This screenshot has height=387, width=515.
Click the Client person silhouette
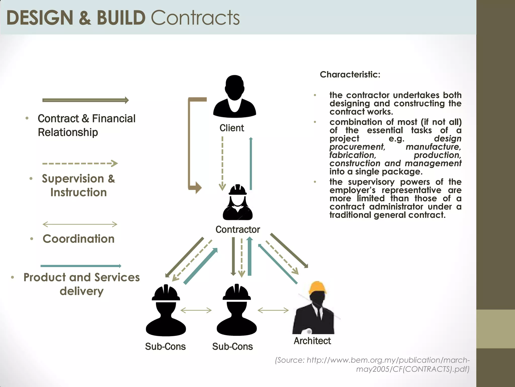pyautogui.click(x=234, y=97)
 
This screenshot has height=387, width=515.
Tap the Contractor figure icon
pyautogui.click(x=238, y=203)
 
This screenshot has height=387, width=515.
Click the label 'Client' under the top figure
pyautogui.click(x=232, y=128)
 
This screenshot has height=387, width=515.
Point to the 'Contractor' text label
pyautogui.click(x=238, y=230)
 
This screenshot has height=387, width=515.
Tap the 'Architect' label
pyautogui.click(x=312, y=341)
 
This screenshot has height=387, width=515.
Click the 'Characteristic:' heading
pyautogui.click(x=350, y=75)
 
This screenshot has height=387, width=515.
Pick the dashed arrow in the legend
pyautogui.click(x=80, y=164)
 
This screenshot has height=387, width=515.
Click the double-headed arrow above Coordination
pyautogui.click(x=80, y=224)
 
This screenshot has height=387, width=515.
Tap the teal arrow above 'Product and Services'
pyautogui.click(x=81, y=266)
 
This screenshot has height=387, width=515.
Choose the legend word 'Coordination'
pyautogui.click(x=78, y=239)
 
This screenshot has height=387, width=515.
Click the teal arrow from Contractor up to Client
pyautogui.click(x=251, y=164)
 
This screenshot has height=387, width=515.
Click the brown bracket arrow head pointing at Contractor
pyautogui.click(x=198, y=188)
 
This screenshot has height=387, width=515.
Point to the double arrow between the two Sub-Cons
pyautogui.click(x=196, y=310)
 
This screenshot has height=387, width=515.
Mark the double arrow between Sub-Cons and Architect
pyautogui.click(x=273, y=310)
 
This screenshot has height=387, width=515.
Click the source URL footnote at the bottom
pyautogui.click(x=372, y=364)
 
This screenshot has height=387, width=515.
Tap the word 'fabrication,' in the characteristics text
pyautogui.click(x=353, y=155)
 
